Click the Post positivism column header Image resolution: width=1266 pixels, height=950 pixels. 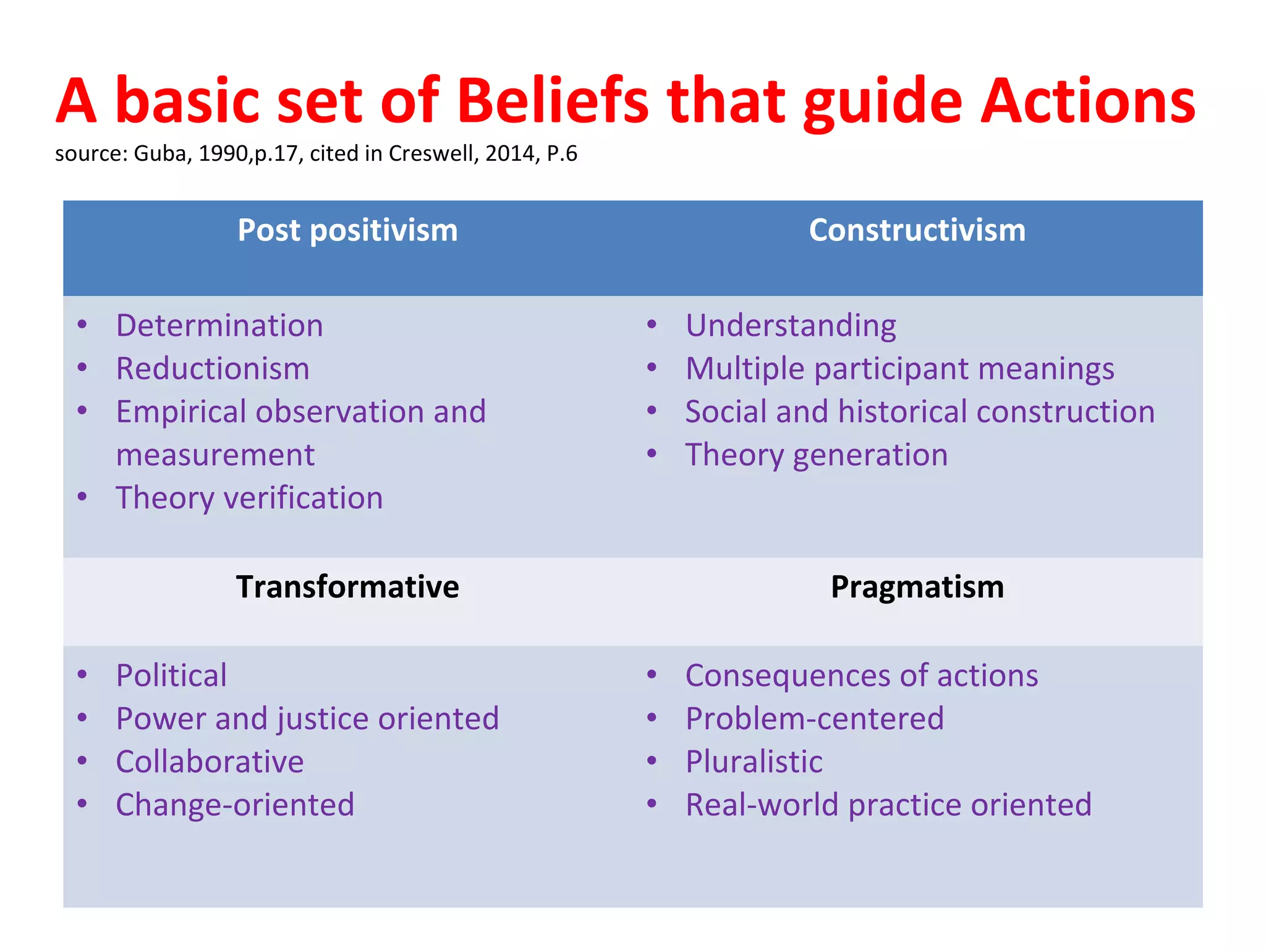click(347, 231)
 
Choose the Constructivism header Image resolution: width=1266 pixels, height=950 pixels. click(917, 231)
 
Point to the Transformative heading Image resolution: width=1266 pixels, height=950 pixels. click(347, 587)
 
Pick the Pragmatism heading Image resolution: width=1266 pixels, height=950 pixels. click(917, 587)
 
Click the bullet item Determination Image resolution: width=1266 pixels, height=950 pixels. click(219, 326)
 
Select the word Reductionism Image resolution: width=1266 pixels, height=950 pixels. click(213, 369)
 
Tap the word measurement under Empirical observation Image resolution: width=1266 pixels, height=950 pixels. click(215, 455)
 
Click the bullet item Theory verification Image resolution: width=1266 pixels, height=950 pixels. click(249, 499)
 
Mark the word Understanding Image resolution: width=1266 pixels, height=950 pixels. click(791, 326)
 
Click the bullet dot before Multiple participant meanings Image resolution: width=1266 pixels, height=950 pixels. click(652, 368)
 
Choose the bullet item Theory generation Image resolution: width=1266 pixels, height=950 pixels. click(816, 455)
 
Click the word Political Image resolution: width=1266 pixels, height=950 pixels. click(171, 675)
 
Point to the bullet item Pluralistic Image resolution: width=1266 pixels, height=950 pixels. click(754, 762)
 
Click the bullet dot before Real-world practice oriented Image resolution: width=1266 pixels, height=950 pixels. click(652, 804)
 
